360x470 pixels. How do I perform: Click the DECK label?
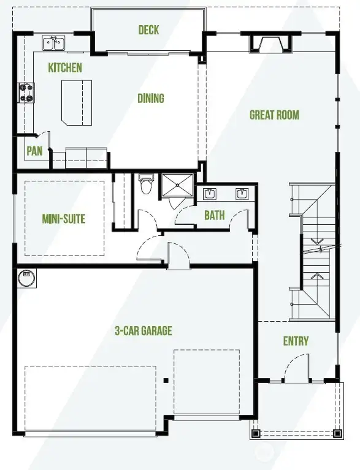tap(149, 30)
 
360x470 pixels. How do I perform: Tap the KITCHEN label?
tap(65, 68)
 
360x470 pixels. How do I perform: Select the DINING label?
tap(150, 98)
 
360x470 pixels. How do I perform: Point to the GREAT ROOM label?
tap(274, 115)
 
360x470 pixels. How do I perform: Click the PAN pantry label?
tap(34, 151)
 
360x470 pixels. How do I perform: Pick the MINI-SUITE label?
tap(63, 219)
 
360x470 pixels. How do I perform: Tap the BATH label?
tap(215, 215)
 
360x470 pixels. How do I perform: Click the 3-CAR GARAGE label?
tap(143, 331)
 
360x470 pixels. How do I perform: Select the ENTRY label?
tap(296, 341)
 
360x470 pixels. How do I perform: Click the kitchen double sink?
tap(54, 43)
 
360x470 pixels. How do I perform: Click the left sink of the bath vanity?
tap(210, 194)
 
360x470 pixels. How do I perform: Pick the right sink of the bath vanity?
tap(242, 194)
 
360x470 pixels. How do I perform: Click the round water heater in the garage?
tap(27, 278)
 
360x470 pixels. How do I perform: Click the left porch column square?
tap(256, 433)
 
